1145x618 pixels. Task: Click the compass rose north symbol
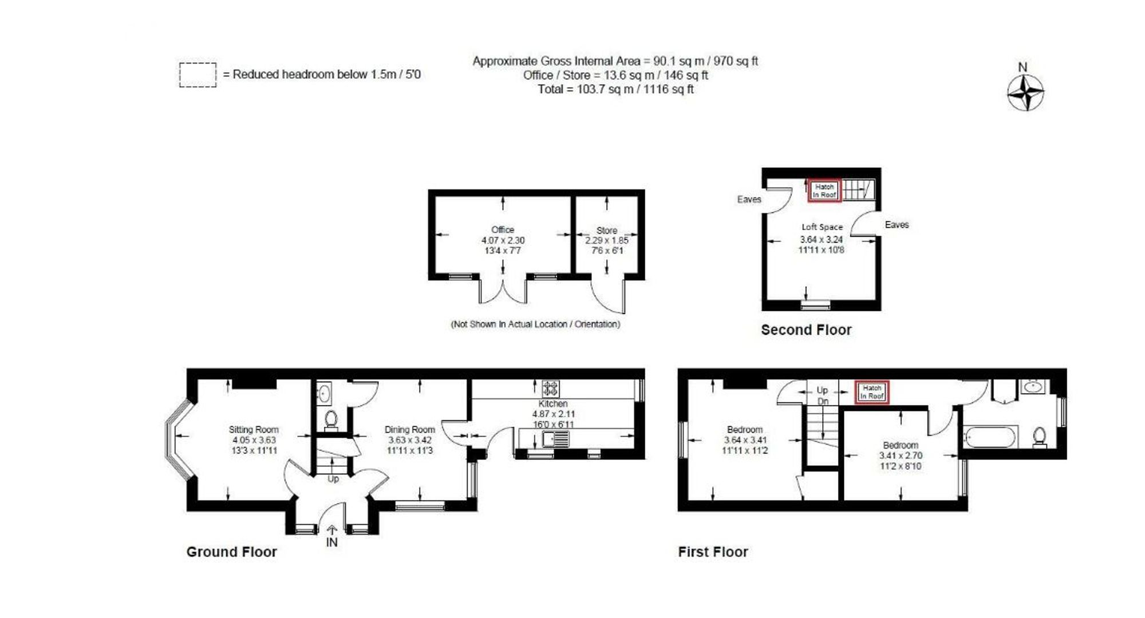1025,92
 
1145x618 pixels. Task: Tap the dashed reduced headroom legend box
198,75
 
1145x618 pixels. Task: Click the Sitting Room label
254,430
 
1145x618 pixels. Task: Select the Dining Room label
409,430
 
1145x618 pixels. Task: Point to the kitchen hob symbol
551,389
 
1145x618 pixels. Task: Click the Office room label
503,229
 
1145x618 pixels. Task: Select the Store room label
607,230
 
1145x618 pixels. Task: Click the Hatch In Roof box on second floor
824,191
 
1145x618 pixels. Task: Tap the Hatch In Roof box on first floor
872,392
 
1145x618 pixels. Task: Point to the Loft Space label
822,227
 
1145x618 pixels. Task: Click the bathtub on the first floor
990,438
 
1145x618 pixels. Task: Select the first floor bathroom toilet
1040,438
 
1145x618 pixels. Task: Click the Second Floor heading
806,330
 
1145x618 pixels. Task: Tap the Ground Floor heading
231,552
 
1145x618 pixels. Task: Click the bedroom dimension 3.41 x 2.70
901,456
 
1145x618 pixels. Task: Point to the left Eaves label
749,199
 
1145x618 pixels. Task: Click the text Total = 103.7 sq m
615,89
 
